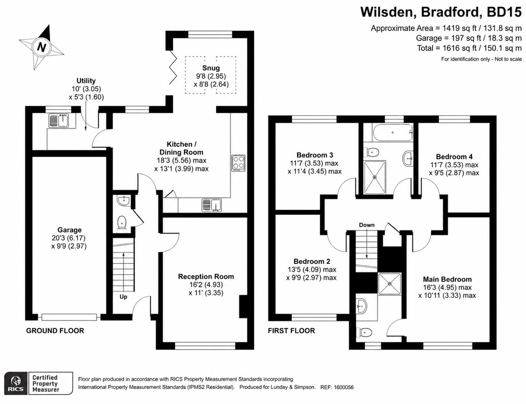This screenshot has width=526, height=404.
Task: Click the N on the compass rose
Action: (42, 47)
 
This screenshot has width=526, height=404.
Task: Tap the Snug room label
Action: (211, 68)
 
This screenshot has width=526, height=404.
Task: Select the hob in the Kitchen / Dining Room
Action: (238, 163)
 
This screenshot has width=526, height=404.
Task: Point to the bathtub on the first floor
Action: (392, 132)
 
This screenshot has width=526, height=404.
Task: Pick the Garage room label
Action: (70, 230)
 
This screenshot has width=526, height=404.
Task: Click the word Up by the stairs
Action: (123, 297)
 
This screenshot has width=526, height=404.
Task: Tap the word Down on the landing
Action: (367, 225)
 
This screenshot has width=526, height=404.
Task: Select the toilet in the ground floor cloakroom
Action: (122, 223)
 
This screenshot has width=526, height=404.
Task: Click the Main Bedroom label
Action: (447, 279)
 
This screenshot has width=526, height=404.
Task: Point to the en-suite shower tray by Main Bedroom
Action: (389, 284)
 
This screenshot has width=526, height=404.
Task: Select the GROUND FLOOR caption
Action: (55, 331)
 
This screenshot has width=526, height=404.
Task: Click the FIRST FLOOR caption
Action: (291, 331)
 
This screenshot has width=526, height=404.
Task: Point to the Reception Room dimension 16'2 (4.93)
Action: (206, 285)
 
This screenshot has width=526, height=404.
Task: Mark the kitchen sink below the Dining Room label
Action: (212, 205)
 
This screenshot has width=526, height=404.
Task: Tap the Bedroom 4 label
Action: (454, 157)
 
